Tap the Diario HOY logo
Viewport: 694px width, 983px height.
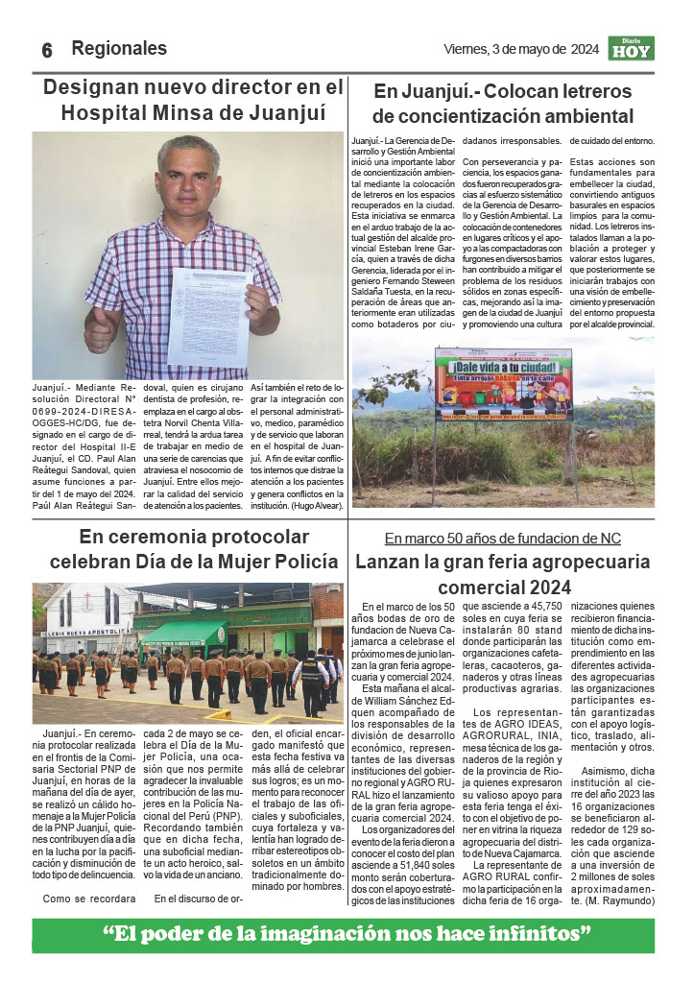click(x=631, y=49)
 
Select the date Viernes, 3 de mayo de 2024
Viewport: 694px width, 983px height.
click(x=521, y=50)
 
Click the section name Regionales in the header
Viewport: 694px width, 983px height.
click(x=119, y=49)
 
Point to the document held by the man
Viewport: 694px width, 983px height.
click(x=210, y=317)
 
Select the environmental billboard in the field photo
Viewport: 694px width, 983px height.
click(x=504, y=389)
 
